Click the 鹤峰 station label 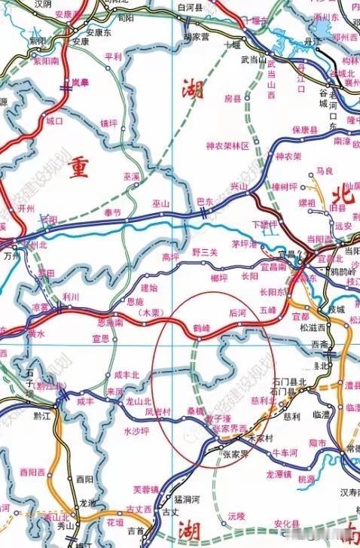click(x=200, y=330)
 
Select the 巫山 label click(x=161, y=204)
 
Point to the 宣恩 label click(x=100, y=339)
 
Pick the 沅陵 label click(x=236, y=516)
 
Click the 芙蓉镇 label click(x=143, y=489)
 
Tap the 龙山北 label click(x=138, y=402)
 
